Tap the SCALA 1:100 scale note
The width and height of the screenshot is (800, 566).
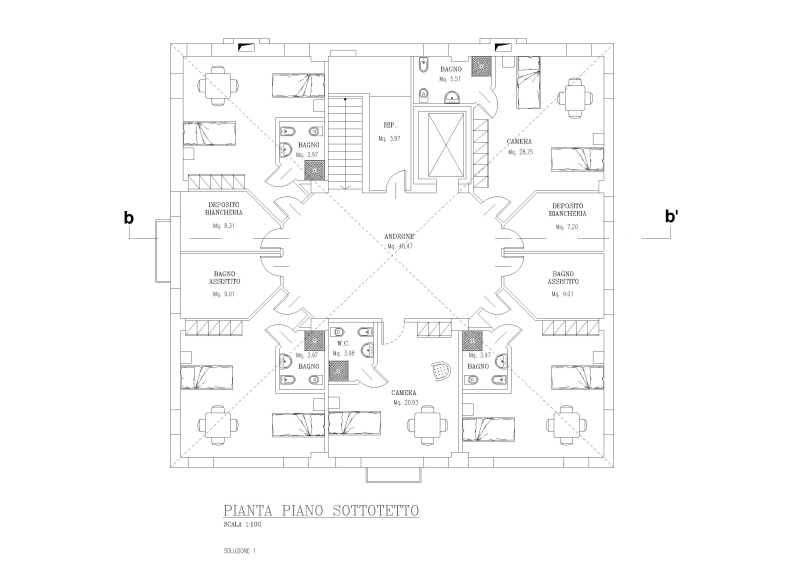pos(244,525)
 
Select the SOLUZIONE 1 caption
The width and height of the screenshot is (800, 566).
pos(241,550)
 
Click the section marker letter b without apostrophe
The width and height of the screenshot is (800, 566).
pos(128,217)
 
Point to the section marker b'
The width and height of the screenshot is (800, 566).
pos(672,217)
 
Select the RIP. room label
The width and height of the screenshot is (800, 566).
pos(390,125)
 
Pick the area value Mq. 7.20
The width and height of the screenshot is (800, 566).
pos(566,227)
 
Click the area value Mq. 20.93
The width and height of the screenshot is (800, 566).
pos(404,402)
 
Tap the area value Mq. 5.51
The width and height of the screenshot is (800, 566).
pos(449,78)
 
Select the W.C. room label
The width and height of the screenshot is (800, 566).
pos(342,343)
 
